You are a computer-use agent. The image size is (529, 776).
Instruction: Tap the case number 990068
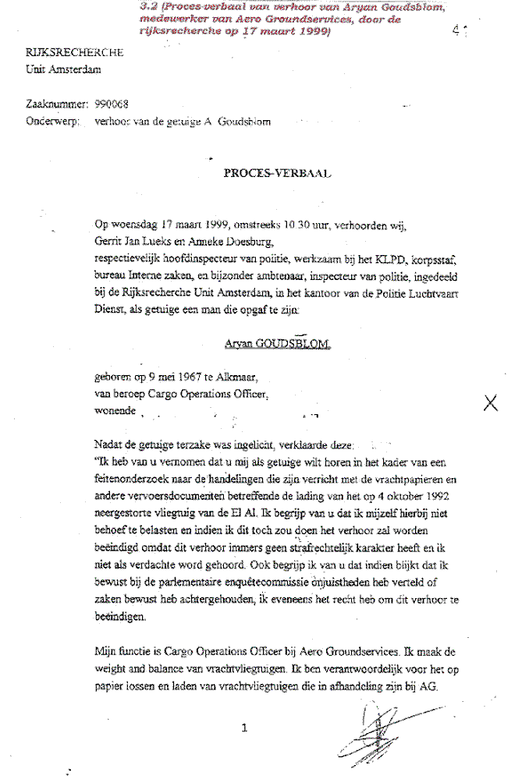(x=112, y=103)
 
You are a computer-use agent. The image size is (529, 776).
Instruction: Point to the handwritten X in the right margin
(x=491, y=402)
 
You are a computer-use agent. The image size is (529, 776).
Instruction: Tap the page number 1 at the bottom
(x=245, y=728)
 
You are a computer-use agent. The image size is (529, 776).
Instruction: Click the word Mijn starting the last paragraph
(x=105, y=650)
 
